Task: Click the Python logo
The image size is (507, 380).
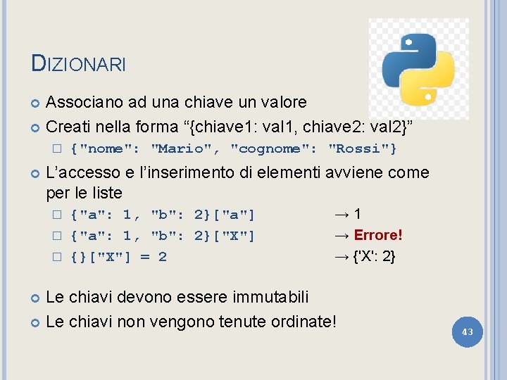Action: [418, 68]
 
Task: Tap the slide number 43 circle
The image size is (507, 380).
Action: [467, 331]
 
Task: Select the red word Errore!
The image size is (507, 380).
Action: [378, 235]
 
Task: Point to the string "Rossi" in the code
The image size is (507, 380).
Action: [362, 148]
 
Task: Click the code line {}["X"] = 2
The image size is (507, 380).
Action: [118, 256]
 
